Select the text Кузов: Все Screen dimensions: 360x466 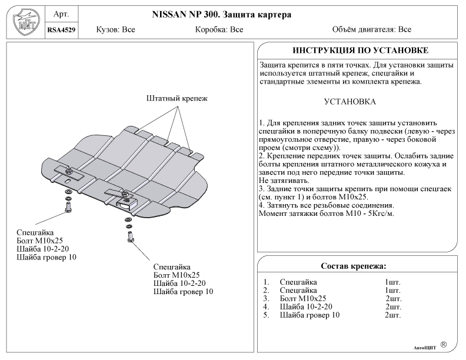(115, 29)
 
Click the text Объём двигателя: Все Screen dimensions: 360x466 (371, 29)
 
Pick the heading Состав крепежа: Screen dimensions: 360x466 (353, 266)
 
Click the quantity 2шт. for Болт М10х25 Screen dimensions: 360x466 (393, 298)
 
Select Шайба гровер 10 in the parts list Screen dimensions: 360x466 (309, 315)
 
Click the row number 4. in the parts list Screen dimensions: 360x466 (267, 306)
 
